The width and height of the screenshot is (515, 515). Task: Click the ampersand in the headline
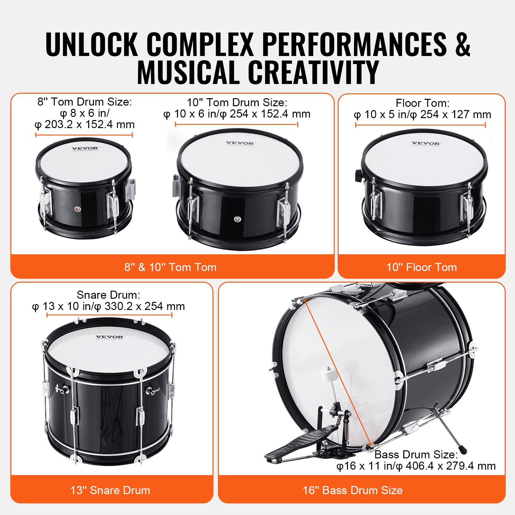(x=462, y=45)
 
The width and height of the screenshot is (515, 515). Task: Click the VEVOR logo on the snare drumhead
(x=109, y=337)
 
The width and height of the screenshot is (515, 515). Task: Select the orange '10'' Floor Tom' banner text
(x=421, y=267)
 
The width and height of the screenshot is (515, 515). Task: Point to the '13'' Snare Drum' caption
(x=110, y=490)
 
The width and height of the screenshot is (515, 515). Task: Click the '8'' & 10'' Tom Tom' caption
(x=170, y=267)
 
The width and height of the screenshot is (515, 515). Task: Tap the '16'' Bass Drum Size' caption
(x=352, y=490)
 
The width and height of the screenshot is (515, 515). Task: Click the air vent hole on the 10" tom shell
(x=237, y=219)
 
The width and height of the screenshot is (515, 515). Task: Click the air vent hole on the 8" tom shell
(x=77, y=209)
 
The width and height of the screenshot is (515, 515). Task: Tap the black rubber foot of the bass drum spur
(x=463, y=450)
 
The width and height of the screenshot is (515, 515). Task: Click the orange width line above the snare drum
(x=109, y=315)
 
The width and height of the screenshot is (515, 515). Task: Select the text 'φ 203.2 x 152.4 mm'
(x=84, y=125)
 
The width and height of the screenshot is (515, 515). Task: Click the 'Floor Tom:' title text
(x=422, y=103)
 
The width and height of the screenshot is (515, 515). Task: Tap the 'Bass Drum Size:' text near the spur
(x=416, y=454)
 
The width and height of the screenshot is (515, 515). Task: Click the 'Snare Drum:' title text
(x=108, y=295)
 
